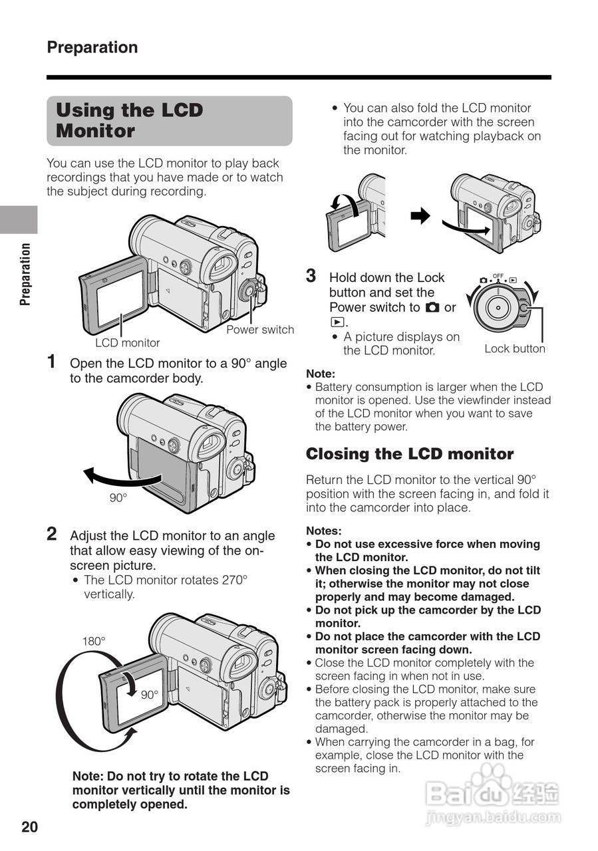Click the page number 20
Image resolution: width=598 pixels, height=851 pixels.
click(x=30, y=826)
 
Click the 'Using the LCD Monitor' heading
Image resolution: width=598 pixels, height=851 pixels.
click(x=130, y=120)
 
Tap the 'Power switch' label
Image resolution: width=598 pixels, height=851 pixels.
click(x=260, y=330)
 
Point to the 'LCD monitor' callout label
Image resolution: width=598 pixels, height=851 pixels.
click(x=128, y=343)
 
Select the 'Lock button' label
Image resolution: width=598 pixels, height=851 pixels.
click(x=514, y=349)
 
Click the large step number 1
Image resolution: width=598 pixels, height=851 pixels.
click(x=51, y=362)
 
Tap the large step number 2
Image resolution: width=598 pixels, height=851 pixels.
click(x=52, y=534)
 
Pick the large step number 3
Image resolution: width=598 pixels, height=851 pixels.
click(x=311, y=276)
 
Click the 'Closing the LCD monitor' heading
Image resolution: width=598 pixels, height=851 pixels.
click(x=410, y=454)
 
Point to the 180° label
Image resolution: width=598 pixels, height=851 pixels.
click(x=94, y=642)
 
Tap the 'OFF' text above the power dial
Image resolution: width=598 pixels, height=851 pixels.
click(x=498, y=275)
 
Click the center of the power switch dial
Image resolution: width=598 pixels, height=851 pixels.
click(x=497, y=307)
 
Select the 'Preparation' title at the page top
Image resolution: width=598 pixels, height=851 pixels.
click(x=92, y=47)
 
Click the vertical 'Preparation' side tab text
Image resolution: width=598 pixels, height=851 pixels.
click(x=26, y=274)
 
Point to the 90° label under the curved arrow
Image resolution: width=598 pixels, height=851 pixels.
click(x=118, y=497)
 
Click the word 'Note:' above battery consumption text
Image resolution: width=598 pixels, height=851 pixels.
click(x=321, y=374)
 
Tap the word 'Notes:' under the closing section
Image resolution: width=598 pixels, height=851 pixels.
click(x=323, y=531)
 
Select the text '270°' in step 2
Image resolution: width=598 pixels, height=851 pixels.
click(x=234, y=580)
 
